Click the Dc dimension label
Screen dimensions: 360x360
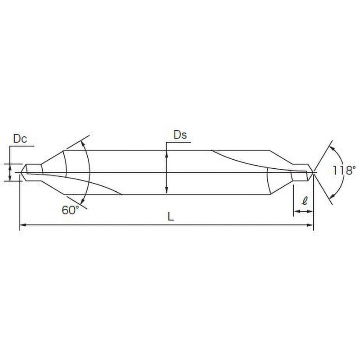[20, 139]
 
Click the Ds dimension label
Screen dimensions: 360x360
[180, 135]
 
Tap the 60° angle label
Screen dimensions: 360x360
[70, 210]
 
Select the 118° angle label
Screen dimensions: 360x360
[344, 171]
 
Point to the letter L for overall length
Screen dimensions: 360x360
[171, 216]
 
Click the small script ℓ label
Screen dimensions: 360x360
[305, 201]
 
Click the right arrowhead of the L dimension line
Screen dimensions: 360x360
[310, 225]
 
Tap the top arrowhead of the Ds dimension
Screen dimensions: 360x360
[166, 154]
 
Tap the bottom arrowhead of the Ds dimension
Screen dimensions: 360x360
[166, 191]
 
